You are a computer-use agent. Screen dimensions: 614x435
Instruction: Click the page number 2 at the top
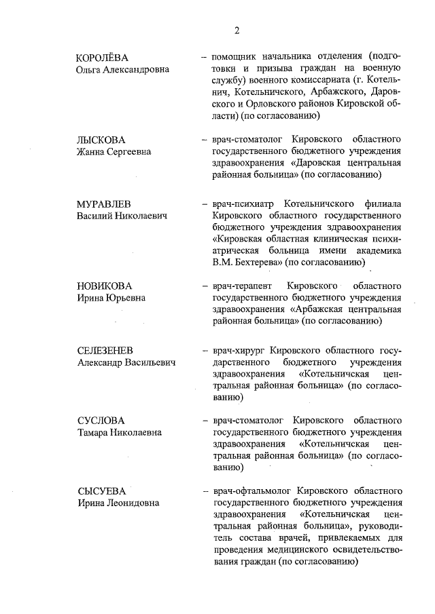(237, 30)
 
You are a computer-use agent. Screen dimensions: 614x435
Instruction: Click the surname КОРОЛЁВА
(103, 57)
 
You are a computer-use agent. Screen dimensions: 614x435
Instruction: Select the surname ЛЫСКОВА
(101, 139)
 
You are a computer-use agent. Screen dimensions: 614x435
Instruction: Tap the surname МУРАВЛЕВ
(103, 204)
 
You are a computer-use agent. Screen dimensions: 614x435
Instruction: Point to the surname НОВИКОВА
(104, 286)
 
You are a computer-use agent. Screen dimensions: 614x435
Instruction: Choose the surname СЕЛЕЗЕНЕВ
(105, 351)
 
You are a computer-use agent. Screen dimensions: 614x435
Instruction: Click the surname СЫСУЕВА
(101, 491)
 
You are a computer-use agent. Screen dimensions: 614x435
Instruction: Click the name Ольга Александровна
(122, 69)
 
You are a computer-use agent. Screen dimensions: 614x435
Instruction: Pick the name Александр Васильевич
(126, 363)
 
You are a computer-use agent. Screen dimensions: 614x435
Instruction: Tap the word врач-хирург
(239, 351)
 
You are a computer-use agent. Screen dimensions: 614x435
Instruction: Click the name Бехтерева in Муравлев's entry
(259, 262)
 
